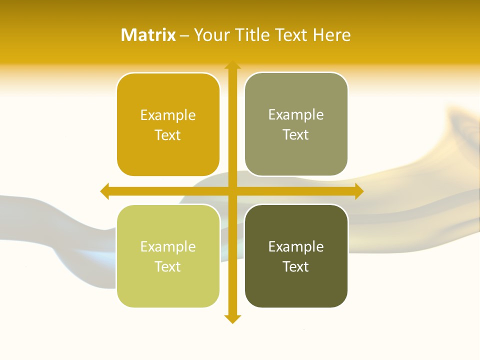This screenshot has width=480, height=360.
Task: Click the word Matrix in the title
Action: click(x=148, y=35)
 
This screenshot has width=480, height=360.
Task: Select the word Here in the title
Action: click(x=332, y=35)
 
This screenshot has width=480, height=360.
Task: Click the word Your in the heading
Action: click(x=209, y=35)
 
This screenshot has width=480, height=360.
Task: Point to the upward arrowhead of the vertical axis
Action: click(x=232, y=65)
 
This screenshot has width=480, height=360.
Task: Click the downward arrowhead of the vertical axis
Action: click(x=232, y=319)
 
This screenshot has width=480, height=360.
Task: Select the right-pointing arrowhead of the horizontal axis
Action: click(x=359, y=191)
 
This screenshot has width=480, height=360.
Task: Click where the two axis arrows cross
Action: click(x=232, y=191)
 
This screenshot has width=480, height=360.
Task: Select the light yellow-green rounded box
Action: click(x=168, y=285)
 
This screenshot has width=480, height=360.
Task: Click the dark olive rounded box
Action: click(x=296, y=285)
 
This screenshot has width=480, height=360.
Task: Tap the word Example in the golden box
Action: click(x=168, y=115)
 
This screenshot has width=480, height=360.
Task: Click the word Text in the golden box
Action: click(x=168, y=135)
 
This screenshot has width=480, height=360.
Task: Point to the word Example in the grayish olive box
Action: click(x=296, y=115)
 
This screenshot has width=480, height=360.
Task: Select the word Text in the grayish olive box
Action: click(x=296, y=135)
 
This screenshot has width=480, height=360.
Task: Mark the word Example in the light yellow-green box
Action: click(x=168, y=247)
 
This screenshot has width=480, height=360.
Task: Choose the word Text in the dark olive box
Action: click(x=296, y=267)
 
